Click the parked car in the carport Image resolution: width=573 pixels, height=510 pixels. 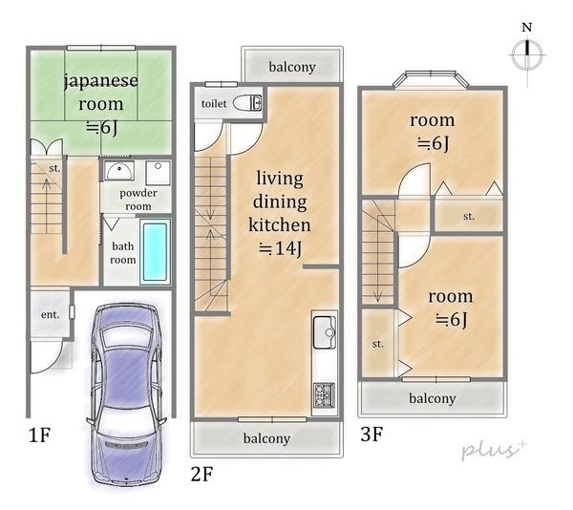pos(126,393)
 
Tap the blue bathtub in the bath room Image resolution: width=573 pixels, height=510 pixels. pos(155,251)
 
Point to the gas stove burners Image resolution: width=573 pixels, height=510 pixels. pos(324,393)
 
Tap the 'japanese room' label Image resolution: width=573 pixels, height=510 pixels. pos(100,92)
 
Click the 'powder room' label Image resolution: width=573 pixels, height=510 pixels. pos(138,199)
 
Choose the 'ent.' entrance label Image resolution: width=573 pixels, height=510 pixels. pos(50,314)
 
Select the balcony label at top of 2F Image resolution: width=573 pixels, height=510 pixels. pos(291,67)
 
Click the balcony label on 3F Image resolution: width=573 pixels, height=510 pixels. pos(432,398)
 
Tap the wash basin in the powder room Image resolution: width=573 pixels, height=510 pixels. pos(118,172)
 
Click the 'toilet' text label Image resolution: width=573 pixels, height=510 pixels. pos(213,103)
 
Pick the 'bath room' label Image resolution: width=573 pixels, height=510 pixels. pos(122,252)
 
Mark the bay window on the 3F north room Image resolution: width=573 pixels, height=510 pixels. pos(435,79)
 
